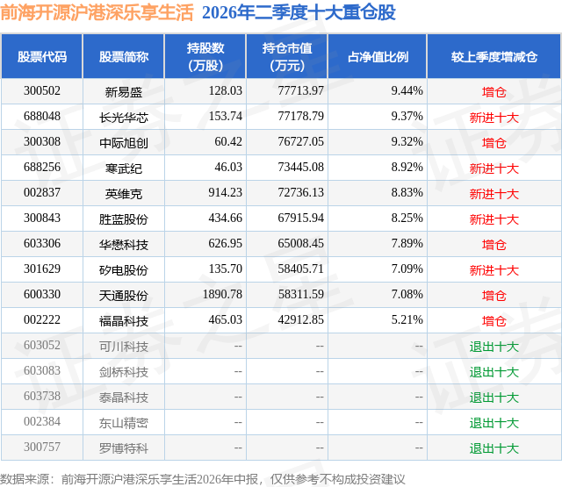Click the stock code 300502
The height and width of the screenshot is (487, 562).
point(42,91)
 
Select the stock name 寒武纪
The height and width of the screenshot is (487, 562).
point(124,168)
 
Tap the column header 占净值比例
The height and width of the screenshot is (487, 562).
point(378,56)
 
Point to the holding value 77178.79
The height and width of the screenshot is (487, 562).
point(300,117)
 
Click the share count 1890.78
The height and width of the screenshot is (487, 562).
point(222,294)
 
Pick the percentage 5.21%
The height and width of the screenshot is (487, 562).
point(407,319)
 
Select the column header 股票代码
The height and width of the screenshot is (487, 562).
point(42,56)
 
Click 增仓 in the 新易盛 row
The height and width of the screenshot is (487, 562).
point(494,92)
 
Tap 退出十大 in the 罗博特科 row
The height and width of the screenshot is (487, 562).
point(494,448)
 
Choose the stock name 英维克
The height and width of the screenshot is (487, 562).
point(124,194)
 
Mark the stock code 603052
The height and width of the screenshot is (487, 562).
point(42,345)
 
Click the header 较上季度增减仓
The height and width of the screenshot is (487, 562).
point(494,56)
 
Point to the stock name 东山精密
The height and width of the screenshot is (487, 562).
point(124,423)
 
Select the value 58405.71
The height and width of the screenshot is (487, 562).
point(300,269)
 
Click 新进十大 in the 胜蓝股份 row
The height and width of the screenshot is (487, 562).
point(494,219)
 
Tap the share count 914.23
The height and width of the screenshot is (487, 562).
point(226,193)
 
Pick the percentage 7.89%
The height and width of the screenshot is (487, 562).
point(407,244)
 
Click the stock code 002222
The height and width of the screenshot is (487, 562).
point(42,319)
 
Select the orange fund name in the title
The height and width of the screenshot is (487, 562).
point(97,12)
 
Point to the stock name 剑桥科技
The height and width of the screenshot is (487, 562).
point(124,372)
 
